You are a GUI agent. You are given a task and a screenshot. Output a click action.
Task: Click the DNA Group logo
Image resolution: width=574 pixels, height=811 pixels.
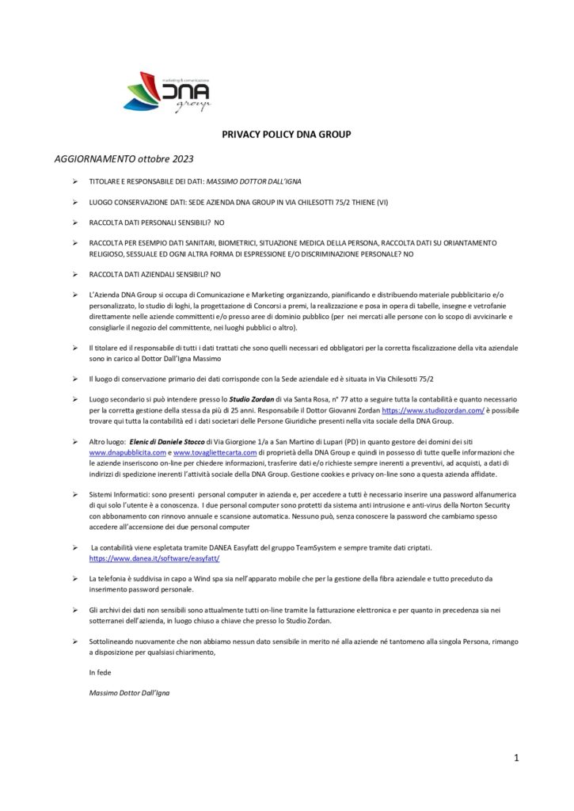tap(167, 92)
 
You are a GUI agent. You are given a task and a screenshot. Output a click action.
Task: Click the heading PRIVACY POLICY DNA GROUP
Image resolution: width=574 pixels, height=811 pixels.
tap(286, 134)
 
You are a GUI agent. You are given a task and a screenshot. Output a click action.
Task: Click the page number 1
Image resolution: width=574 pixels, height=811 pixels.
tap(516, 758)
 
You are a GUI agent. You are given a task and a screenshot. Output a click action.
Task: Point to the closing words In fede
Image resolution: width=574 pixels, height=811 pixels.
tap(101, 672)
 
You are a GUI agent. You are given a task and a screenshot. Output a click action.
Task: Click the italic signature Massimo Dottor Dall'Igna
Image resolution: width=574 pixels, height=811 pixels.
tap(129, 692)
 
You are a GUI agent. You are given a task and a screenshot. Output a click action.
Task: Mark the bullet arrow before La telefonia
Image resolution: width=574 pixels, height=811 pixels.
tap(74, 578)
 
